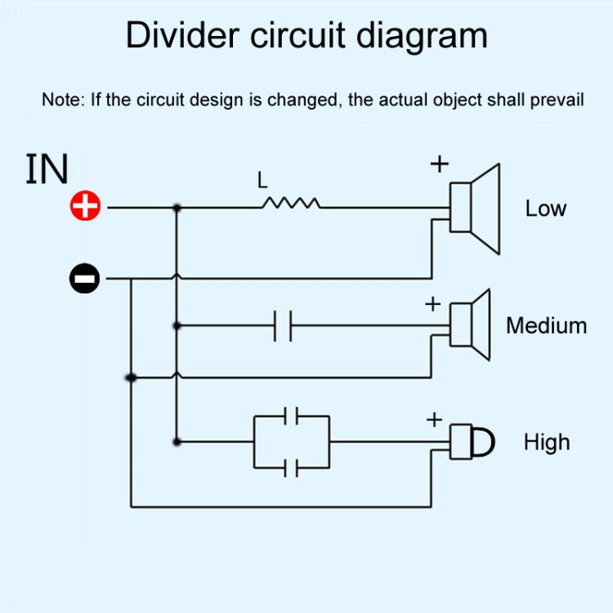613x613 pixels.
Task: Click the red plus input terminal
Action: (85, 207)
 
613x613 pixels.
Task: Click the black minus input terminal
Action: (84, 280)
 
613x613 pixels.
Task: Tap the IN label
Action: (47, 169)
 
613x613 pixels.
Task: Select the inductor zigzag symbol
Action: (290, 204)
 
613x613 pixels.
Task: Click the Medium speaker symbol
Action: (472, 324)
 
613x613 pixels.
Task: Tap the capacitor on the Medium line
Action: (283, 325)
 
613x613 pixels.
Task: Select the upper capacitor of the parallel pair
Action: (291, 416)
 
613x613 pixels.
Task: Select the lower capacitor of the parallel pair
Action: (291, 468)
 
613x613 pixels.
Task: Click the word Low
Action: (545, 208)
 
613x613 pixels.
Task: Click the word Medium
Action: (546, 325)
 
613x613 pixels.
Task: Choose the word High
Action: (546, 442)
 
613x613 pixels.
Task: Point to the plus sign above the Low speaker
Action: (440, 164)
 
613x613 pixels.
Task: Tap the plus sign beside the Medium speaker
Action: (432, 305)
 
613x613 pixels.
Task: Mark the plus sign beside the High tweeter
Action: (434, 420)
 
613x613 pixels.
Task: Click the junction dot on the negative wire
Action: (131, 378)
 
